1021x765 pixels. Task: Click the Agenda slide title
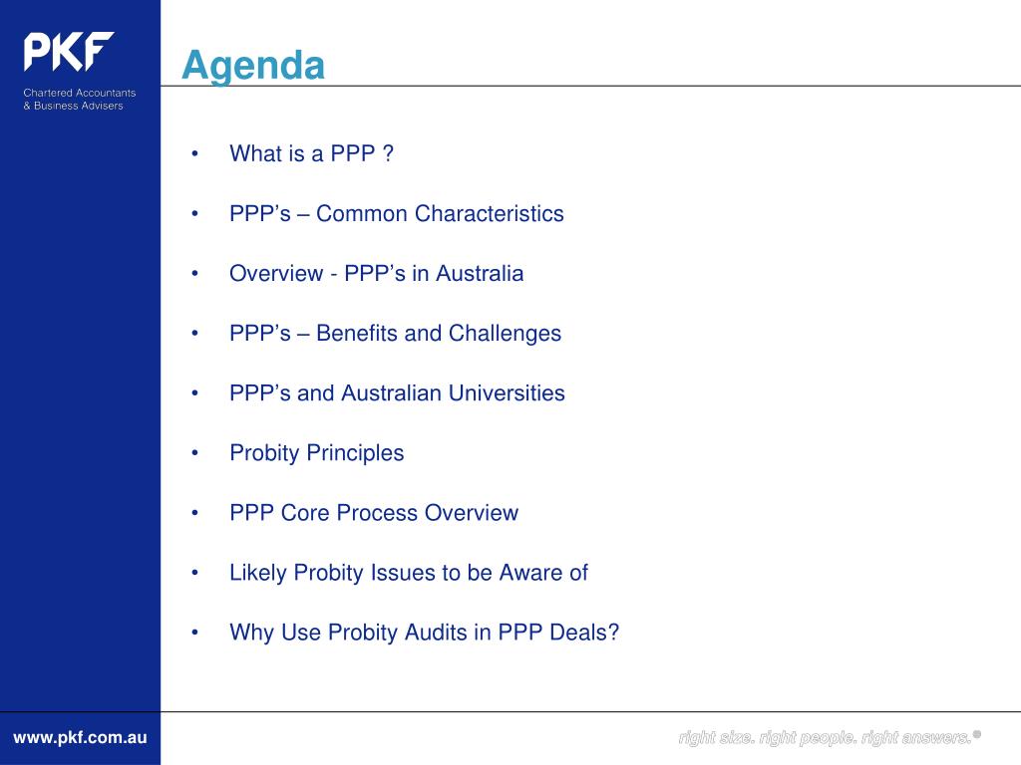[253, 67]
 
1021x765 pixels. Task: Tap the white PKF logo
[69, 52]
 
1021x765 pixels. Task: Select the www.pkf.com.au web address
[80, 738]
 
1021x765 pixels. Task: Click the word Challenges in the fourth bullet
[505, 334]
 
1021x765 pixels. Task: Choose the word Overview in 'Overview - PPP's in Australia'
[276, 273]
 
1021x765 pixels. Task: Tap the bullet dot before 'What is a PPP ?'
[194, 153]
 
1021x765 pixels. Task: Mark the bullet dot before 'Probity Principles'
[194, 453]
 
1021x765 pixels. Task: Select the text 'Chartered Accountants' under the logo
[80, 93]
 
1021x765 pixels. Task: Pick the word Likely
[258, 573]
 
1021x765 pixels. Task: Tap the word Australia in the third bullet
[480, 273]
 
